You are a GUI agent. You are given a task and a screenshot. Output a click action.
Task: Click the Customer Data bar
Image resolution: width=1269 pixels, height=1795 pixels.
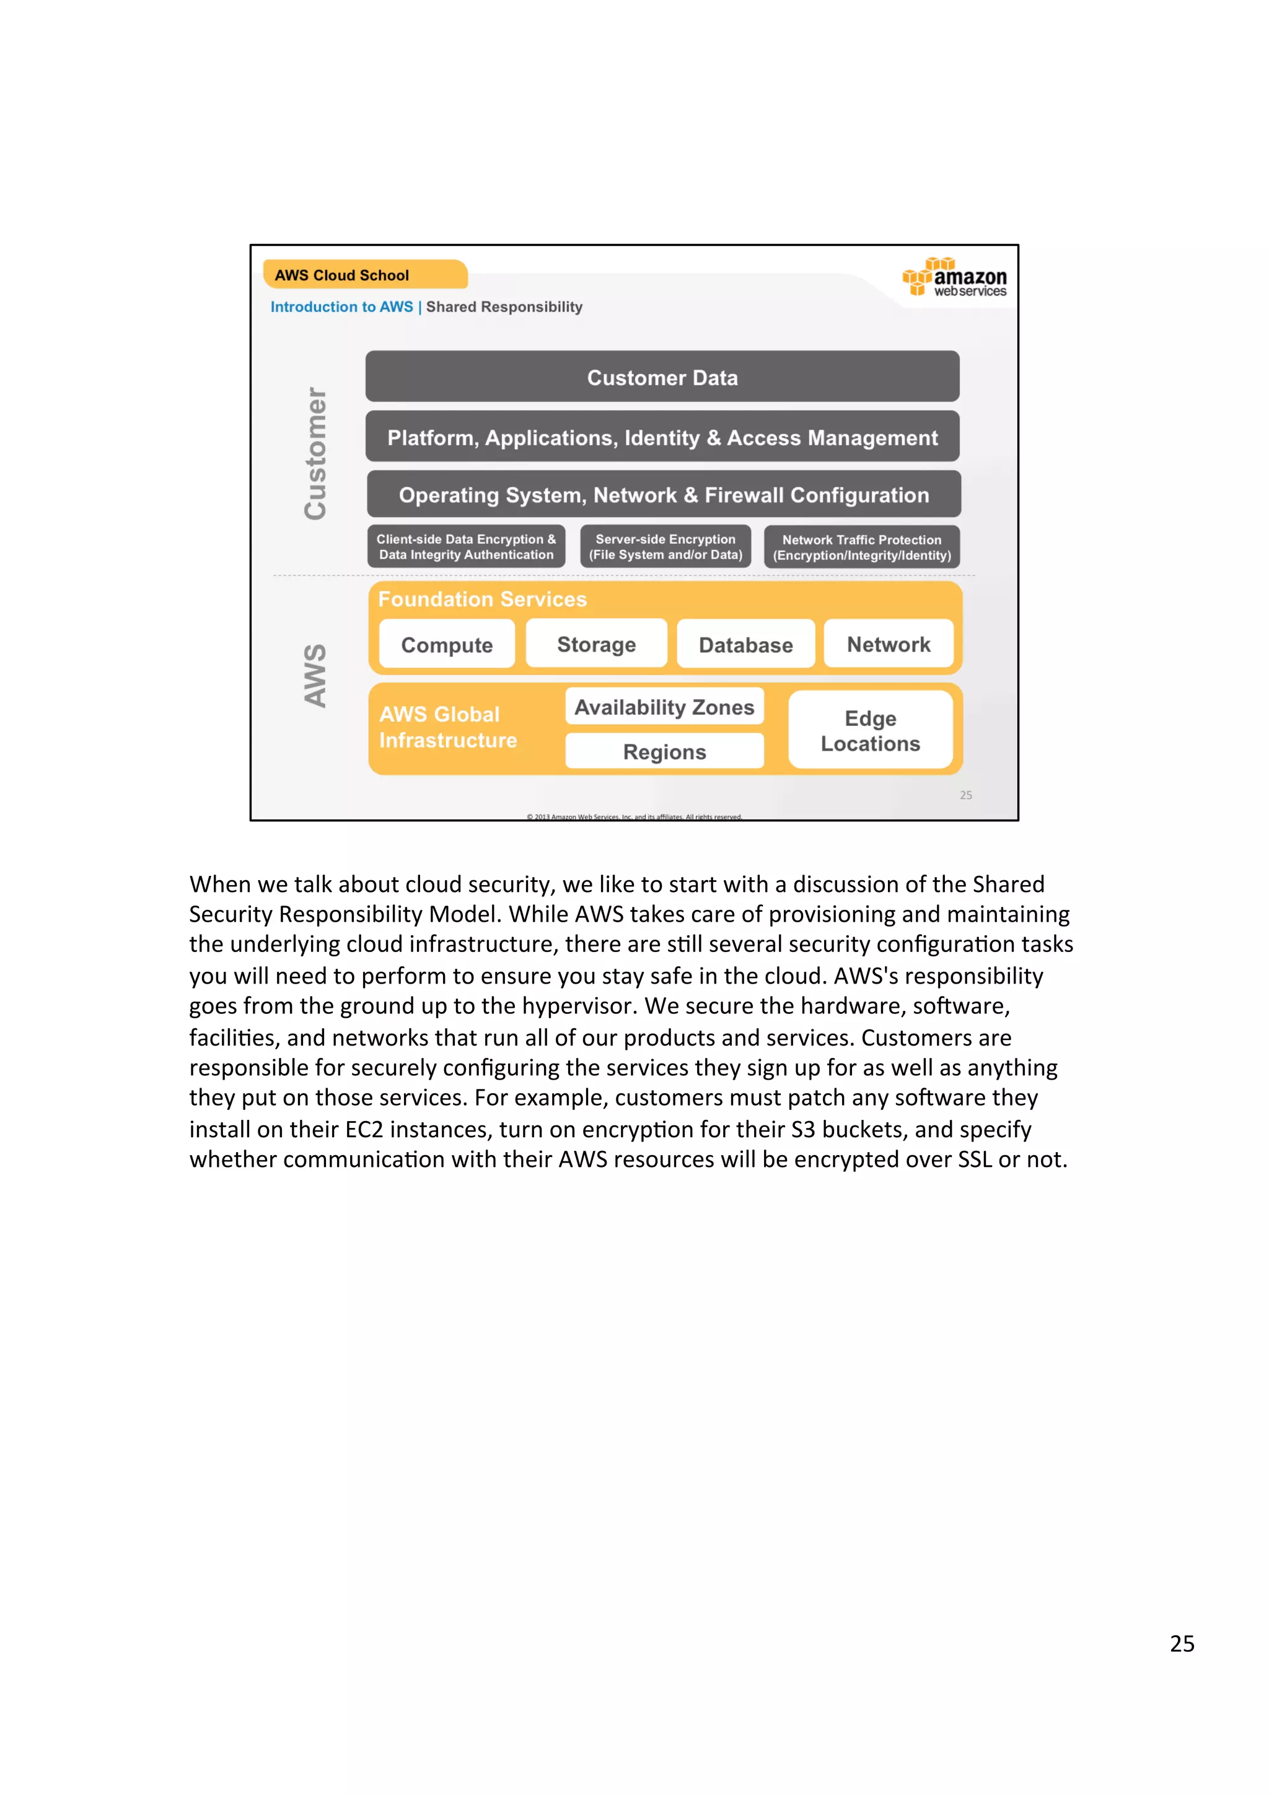662,377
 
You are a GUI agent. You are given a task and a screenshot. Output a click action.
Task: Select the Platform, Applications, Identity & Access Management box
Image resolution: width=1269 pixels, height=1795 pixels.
662,437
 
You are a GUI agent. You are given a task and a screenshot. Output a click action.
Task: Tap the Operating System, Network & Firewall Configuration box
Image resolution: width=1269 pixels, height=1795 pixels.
664,495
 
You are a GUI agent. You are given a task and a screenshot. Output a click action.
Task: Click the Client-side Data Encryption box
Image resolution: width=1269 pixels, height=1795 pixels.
466,546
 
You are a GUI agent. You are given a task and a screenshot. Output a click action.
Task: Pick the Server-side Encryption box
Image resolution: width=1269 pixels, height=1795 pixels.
665,546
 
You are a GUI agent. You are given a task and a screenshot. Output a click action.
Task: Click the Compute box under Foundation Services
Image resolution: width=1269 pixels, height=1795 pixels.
447,645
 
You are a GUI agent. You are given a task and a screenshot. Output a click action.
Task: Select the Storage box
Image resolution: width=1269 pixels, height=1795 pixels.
596,644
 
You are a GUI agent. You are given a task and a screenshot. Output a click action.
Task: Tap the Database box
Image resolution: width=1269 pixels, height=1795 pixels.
745,645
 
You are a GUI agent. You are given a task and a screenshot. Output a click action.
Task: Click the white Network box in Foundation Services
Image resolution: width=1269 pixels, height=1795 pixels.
888,644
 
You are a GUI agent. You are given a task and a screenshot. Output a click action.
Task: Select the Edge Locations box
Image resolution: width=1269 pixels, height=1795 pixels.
870,730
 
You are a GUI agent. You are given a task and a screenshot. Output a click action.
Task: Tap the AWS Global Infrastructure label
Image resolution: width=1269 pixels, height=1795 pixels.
447,727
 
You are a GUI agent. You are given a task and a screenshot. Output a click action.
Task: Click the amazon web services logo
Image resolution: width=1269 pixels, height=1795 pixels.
955,277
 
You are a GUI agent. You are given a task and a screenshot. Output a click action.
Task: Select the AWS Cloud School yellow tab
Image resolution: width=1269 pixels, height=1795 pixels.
364,275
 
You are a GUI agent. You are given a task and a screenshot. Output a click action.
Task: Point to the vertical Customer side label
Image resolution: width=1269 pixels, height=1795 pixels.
315,453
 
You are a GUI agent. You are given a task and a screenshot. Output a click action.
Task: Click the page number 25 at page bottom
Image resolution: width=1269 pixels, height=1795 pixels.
1182,1643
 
